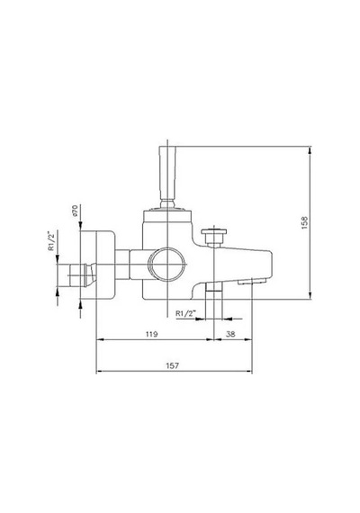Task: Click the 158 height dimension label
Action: [x=305, y=222]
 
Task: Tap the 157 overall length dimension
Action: [x=173, y=365]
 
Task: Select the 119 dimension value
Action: [x=151, y=334]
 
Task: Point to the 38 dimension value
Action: [x=230, y=334]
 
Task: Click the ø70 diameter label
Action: [x=75, y=211]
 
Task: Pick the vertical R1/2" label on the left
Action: [x=50, y=241]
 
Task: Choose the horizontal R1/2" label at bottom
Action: [x=185, y=313]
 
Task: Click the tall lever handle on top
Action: [x=167, y=176]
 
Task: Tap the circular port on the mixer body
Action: [x=166, y=264]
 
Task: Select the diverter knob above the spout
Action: [x=214, y=237]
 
